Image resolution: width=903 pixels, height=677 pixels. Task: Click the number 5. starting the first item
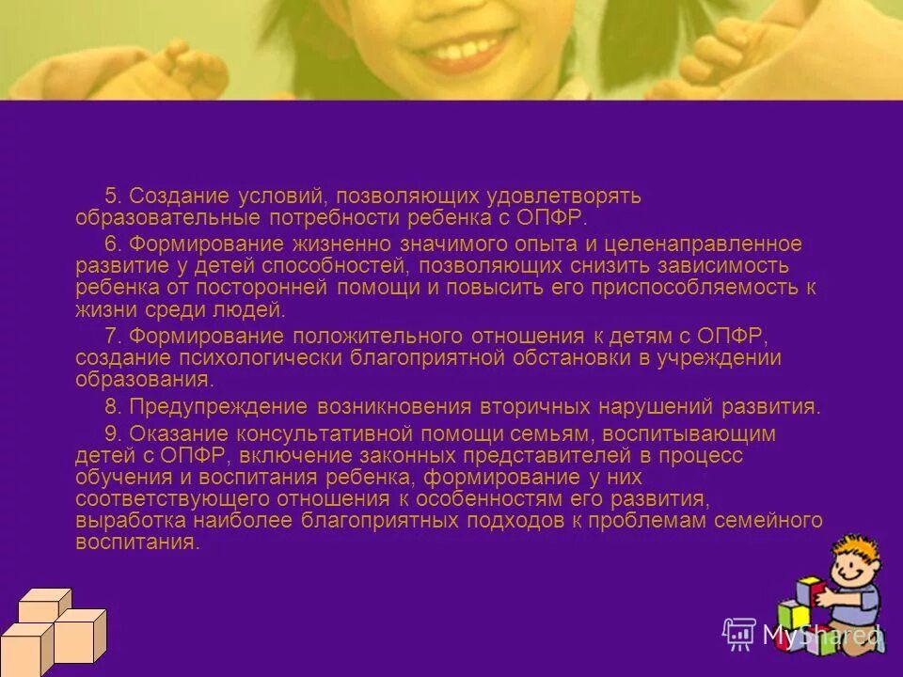pyautogui.click(x=113, y=197)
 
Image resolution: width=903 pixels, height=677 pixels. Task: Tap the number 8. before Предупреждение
pyautogui.click(x=113, y=407)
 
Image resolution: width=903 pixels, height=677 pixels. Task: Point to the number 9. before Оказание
pyautogui.click(x=113, y=433)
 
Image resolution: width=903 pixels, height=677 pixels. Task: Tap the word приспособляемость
pyautogui.click(x=700, y=288)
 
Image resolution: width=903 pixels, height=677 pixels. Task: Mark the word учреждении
pyautogui.click(x=727, y=358)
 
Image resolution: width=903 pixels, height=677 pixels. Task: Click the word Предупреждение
pyautogui.click(x=218, y=407)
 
